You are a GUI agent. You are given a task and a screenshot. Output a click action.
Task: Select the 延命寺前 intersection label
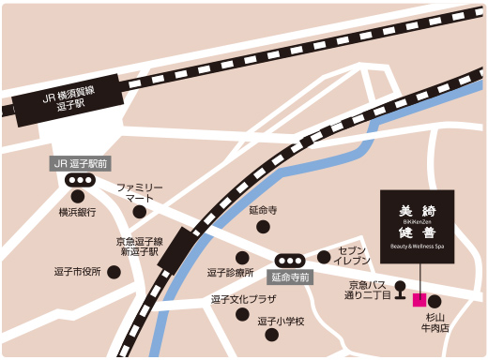289,277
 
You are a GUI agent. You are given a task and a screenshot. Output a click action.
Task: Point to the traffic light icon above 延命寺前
289,261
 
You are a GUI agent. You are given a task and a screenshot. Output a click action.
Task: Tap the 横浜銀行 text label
77,213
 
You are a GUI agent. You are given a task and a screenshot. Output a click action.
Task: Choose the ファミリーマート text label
140,193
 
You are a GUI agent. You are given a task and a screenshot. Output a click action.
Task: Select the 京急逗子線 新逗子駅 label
137,247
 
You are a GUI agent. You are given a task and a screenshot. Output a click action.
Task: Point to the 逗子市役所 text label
77,272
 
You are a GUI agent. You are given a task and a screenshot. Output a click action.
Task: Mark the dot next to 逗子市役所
114,272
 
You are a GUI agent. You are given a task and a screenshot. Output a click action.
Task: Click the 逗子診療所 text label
230,274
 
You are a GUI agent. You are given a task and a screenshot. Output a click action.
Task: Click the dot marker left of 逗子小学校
246,322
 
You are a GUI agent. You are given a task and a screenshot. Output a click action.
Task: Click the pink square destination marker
419,300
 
